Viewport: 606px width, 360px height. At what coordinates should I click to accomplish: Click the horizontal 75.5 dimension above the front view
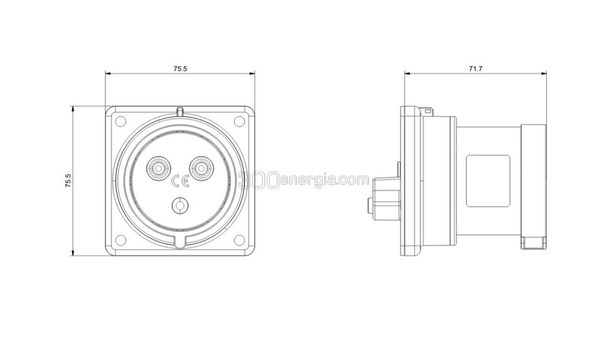[180, 69]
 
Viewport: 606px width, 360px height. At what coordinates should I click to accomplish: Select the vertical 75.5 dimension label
[68, 180]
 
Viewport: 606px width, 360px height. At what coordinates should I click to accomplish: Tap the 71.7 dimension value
[476, 69]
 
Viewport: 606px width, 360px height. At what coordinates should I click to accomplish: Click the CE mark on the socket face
[180, 181]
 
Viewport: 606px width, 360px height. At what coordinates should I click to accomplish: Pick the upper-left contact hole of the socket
[158, 168]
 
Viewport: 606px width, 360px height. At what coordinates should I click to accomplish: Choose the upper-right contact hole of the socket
[201, 168]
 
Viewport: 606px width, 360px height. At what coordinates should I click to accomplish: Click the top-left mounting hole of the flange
[120, 121]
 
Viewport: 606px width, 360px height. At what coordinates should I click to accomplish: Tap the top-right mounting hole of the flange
[239, 121]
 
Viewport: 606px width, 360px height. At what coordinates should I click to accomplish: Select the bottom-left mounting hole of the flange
[120, 240]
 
